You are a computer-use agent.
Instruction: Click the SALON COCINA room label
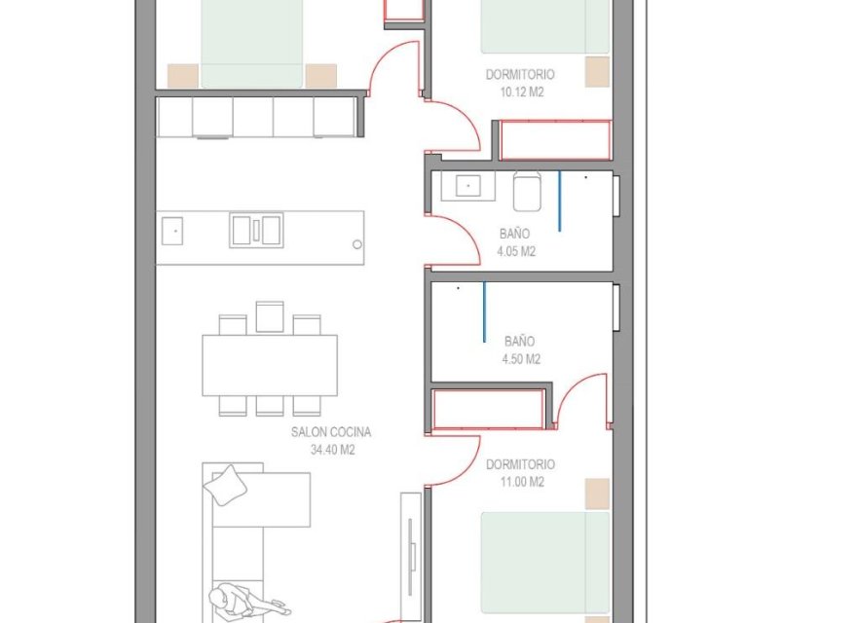tap(331, 432)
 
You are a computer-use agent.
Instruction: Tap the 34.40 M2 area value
tap(333, 450)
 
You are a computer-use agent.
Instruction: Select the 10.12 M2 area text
tap(522, 92)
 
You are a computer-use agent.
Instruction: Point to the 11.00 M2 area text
tap(522, 482)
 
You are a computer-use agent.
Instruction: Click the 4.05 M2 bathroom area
tap(516, 251)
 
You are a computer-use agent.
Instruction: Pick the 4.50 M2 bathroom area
tap(521, 359)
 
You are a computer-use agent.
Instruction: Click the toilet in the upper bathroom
tap(527, 191)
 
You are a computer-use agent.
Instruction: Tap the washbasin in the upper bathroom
tap(467, 186)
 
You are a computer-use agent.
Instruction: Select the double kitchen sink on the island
tap(256, 230)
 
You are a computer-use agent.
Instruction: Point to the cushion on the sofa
tap(225, 485)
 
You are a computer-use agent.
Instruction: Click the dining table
tap(270, 365)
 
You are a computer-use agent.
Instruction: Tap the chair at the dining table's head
tap(270, 316)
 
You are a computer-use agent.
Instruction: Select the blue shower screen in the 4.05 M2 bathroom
tap(559, 202)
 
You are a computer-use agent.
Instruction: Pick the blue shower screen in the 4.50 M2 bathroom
tap(484, 312)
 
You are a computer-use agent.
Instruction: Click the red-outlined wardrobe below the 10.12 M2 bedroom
tap(555, 140)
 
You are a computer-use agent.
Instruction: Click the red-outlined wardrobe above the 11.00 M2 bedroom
tap(489, 409)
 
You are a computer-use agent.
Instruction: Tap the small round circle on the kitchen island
tap(356, 245)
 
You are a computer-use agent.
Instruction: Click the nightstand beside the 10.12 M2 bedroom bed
tap(597, 72)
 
